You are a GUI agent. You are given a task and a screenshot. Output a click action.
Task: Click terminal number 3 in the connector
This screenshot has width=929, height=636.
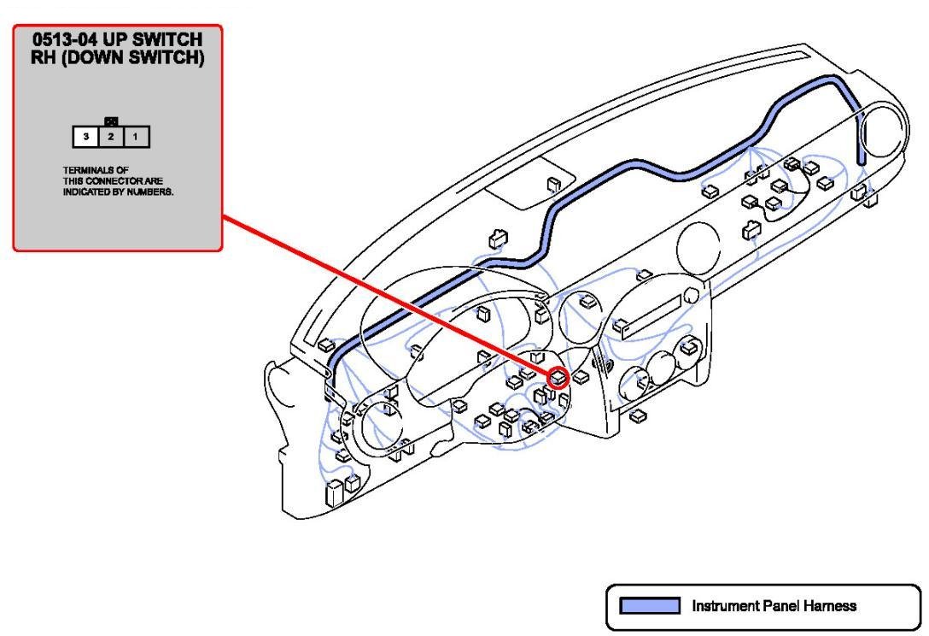pos(86,137)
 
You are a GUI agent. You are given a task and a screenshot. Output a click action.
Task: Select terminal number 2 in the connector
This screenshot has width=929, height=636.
pos(111,137)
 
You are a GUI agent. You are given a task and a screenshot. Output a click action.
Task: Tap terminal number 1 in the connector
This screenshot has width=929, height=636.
pos(136,137)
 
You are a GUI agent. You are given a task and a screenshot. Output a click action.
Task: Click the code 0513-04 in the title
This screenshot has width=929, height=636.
pos(65,39)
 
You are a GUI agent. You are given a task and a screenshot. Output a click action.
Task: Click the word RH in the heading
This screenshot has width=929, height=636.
pos(43,58)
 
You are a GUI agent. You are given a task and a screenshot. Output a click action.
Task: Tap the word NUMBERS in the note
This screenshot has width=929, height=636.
pos(150,192)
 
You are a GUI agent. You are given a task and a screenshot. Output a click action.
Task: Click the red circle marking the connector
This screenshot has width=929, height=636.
pos(558,378)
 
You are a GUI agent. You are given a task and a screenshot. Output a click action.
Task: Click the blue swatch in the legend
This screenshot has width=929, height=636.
pos(649,606)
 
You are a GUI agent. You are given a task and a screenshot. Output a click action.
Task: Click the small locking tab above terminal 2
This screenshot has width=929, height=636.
pos(111,122)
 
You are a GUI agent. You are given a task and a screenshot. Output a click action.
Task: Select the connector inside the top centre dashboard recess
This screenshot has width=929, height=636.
pos(553,185)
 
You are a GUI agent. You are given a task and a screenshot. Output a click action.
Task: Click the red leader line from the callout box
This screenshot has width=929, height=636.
pos(385,296)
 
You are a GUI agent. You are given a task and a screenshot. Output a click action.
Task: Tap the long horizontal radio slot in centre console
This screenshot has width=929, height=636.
pos(651,317)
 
